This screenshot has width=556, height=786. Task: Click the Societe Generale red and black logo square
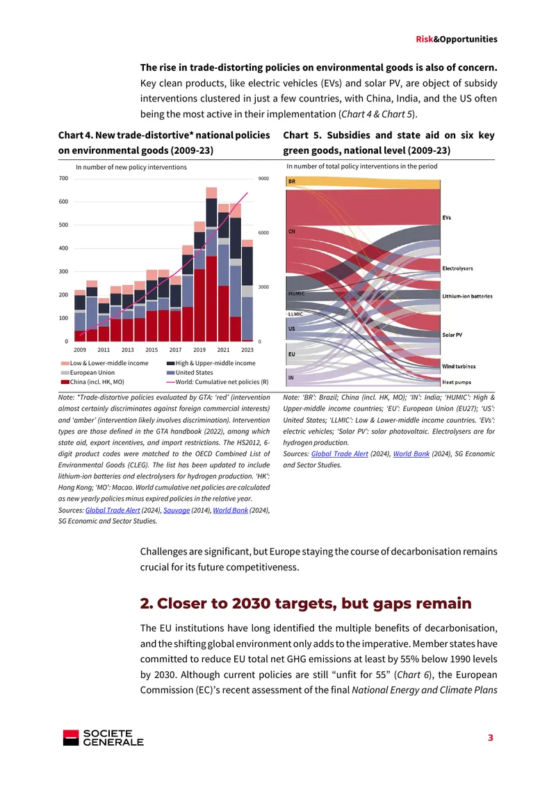click(x=71, y=737)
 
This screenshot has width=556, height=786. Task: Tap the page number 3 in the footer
click(x=491, y=737)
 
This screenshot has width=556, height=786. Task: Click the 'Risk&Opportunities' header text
click(x=457, y=39)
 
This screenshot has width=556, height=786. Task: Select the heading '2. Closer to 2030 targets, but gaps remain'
click(x=306, y=603)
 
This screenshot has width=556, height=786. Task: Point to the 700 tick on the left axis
click(x=64, y=179)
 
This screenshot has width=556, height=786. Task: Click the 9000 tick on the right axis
click(x=263, y=179)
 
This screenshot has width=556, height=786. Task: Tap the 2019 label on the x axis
click(x=199, y=350)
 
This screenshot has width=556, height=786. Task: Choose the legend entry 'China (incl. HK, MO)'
click(x=92, y=382)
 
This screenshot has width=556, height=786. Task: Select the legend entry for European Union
click(x=88, y=372)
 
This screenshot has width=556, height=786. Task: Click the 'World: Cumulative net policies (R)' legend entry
click(x=218, y=382)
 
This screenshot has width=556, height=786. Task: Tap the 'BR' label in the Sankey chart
click(x=291, y=182)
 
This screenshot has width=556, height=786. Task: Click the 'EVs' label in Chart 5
click(x=447, y=218)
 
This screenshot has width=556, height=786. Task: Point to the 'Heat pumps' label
click(x=457, y=382)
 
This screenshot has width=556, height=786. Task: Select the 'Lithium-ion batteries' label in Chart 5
click(x=467, y=296)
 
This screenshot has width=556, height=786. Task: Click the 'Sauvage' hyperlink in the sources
click(x=177, y=511)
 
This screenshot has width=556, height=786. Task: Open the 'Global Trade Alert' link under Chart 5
click(x=340, y=454)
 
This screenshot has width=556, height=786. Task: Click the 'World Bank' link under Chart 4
click(x=231, y=511)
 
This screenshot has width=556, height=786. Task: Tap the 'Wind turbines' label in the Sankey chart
click(x=459, y=367)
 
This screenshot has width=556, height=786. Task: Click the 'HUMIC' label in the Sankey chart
click(x=296, y=294)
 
